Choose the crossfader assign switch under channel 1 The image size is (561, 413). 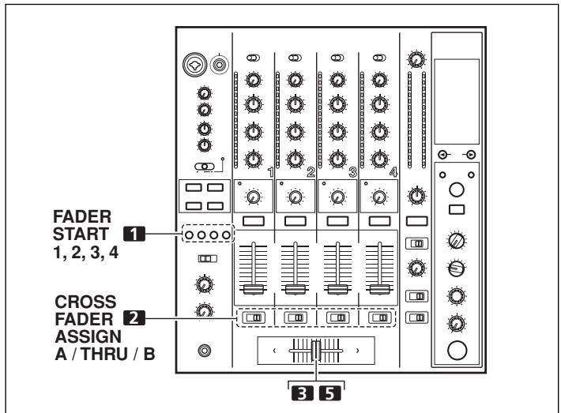254,318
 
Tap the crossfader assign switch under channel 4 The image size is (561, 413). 379,318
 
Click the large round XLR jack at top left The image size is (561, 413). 191,66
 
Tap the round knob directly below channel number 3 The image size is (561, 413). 338,197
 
